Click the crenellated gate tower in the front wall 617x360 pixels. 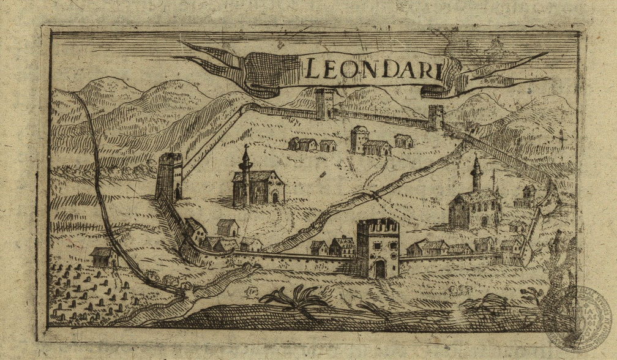377,248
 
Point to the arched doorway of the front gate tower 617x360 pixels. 380,268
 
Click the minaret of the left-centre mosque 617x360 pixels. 245,174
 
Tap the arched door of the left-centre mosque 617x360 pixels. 275,197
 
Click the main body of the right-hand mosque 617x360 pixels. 473,210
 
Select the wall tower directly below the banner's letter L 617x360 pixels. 324,104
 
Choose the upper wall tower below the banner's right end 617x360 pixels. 436,117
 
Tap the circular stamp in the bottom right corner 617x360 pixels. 577,318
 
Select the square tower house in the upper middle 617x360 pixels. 359,140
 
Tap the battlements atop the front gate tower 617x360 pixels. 377,224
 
